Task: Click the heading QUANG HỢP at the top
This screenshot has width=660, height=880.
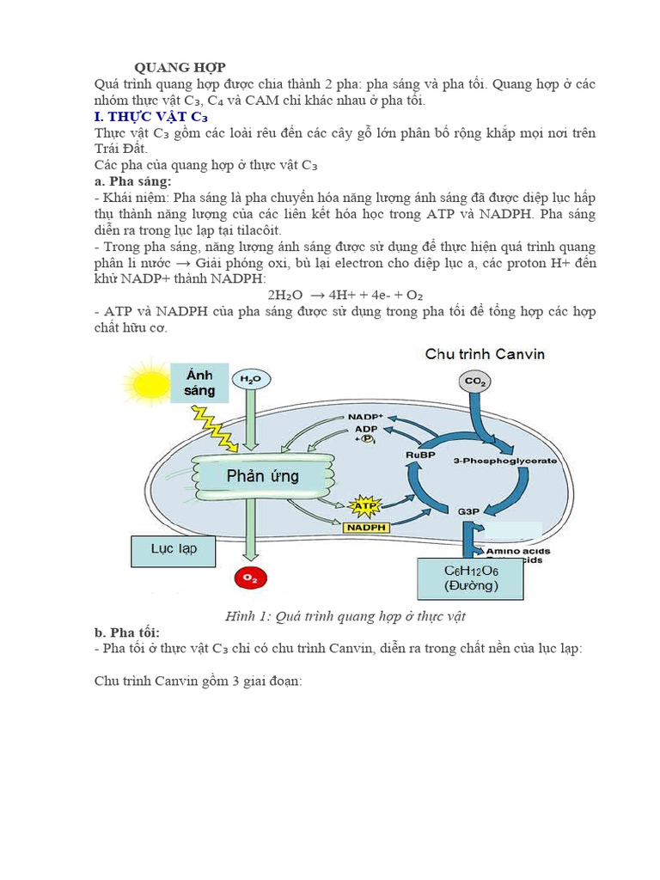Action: click(x=180, y=68)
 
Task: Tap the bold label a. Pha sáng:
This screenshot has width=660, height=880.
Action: click(x=133, y=182)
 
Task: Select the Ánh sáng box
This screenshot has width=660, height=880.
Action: click(x=199, y=382)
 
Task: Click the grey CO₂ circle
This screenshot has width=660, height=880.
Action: click(x=474, y=382)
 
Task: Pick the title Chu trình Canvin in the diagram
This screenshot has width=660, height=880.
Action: click(x=485, y=353)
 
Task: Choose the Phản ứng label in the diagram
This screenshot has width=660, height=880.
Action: click(x=263, y=475)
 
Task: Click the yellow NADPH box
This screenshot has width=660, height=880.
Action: click(x=366, y=527)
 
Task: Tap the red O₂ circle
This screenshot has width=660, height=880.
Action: click(x=250, y=578)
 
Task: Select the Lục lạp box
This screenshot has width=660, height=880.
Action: click(x=174, y=551)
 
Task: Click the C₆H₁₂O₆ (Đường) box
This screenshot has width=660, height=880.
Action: click(x=471, y=578)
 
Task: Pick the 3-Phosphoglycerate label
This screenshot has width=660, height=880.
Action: click(x=504, y=461)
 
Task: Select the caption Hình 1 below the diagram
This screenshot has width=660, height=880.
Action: click(x=345, y=616)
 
